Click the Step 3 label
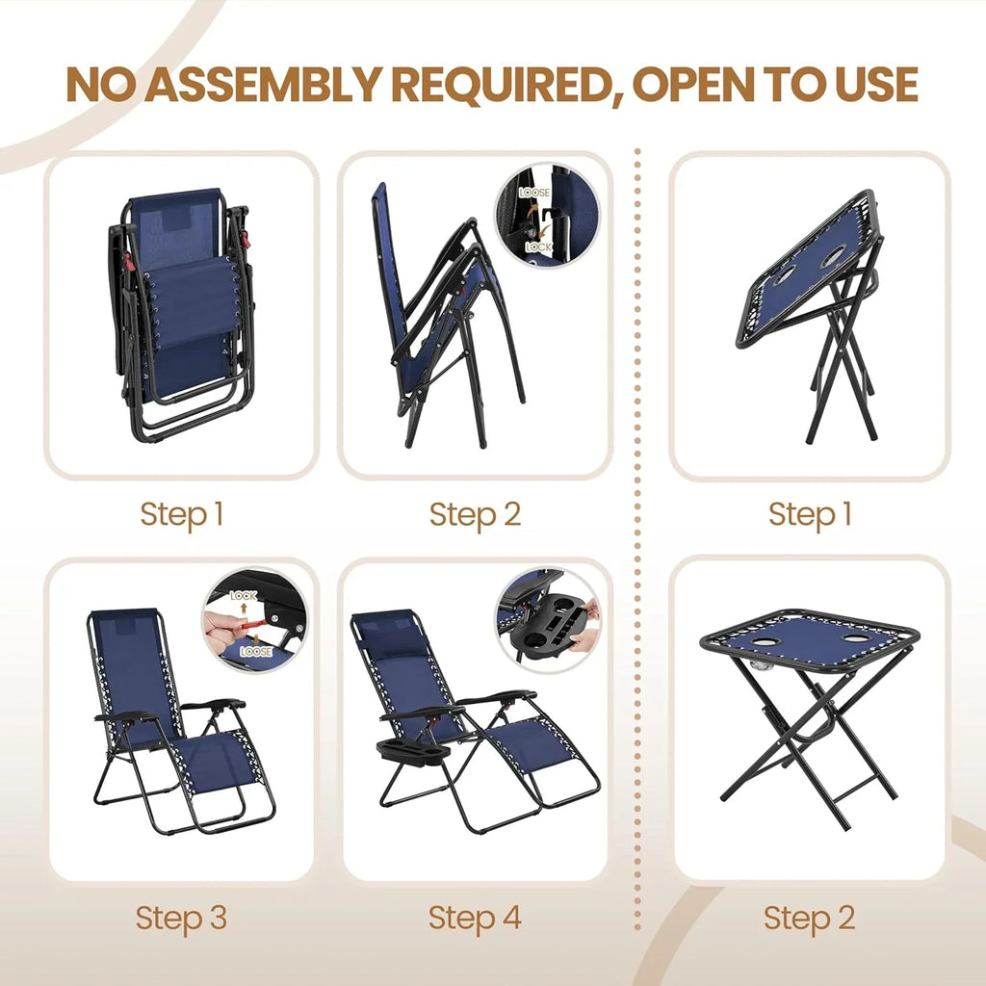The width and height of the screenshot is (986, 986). (x=181, y=918)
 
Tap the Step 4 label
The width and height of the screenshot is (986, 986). (x=475, y=918)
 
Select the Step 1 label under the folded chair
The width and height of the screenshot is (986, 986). (x=181, y=514)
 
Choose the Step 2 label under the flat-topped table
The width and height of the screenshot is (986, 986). (x=809, y=918)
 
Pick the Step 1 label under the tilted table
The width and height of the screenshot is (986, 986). (x=809, y=514)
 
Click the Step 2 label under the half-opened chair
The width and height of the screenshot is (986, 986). (x=475, y=514)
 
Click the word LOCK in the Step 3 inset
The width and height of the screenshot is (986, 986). (x=245, y=596)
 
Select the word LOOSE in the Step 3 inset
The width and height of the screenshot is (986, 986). (x=256, y=651)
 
